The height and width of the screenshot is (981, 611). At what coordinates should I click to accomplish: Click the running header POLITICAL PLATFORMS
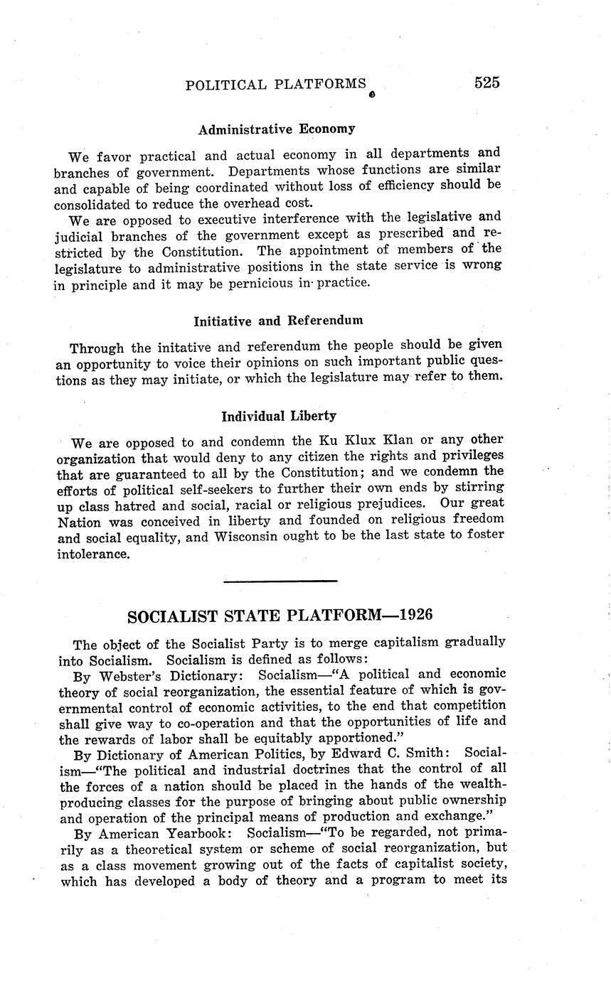[276, 85]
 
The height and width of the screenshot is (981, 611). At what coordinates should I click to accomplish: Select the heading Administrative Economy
[276, 129]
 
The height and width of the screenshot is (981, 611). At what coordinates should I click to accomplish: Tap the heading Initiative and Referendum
[277, 321]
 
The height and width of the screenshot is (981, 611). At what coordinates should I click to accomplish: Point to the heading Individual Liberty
[278, 416]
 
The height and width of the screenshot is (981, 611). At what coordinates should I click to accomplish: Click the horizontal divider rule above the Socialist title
[280, 581]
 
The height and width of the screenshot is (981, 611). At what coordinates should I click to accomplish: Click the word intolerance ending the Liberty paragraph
[93, 553]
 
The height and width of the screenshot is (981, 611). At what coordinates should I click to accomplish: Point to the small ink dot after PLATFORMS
[371, 93]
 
